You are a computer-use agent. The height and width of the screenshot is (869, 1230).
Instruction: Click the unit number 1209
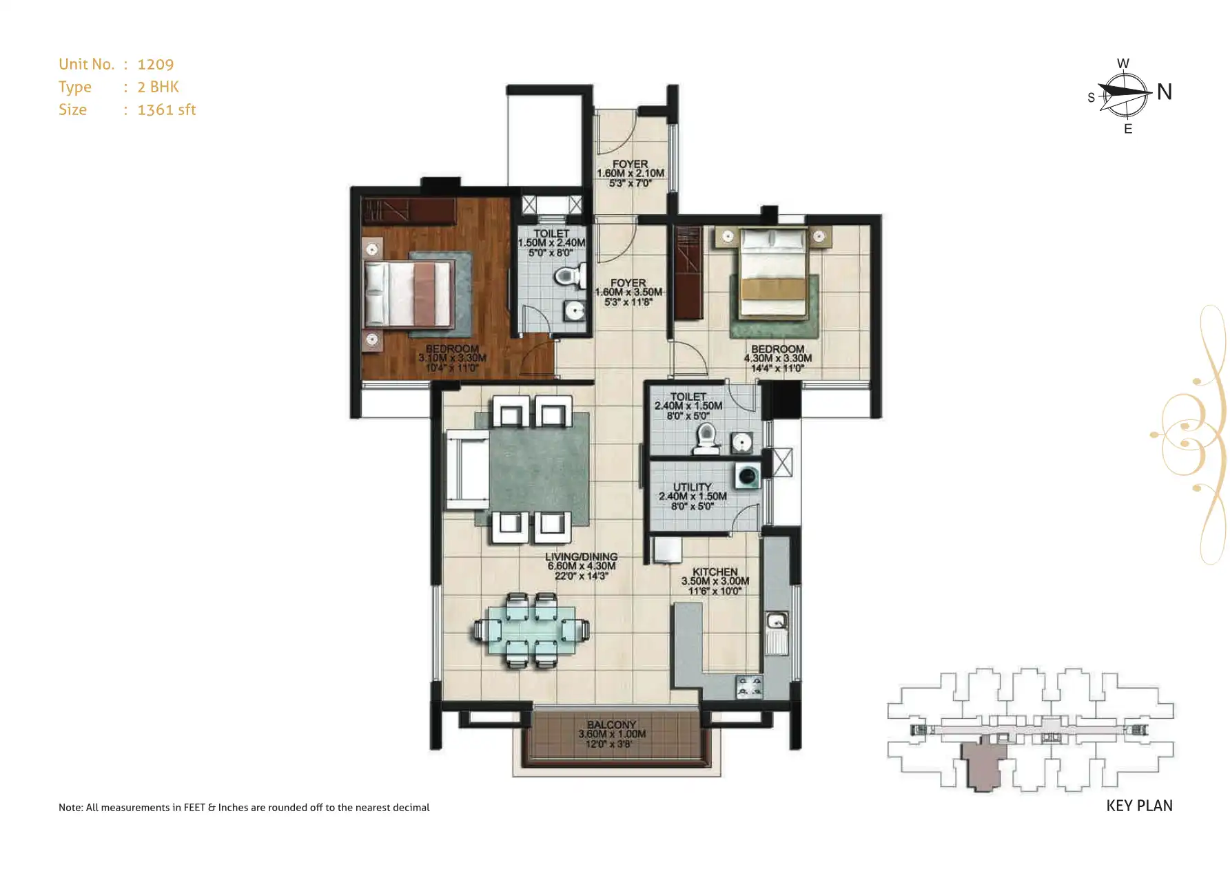155,65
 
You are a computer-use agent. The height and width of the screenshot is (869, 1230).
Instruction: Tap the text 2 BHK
158,87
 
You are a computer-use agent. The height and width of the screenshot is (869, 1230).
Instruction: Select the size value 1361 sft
166,110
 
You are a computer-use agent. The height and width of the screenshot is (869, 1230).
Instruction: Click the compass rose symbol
1124,94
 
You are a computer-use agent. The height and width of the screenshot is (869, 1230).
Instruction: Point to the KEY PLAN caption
1139,806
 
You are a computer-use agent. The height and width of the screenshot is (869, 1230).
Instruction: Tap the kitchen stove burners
749,687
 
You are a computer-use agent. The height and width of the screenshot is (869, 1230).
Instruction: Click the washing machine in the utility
747,477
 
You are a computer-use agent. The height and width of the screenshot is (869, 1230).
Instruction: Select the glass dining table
531,630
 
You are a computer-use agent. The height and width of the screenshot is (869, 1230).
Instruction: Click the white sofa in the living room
467,469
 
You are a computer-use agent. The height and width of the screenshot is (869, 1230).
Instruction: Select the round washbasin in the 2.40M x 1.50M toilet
741,442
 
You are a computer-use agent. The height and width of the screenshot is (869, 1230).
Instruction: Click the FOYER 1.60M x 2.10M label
630,174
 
